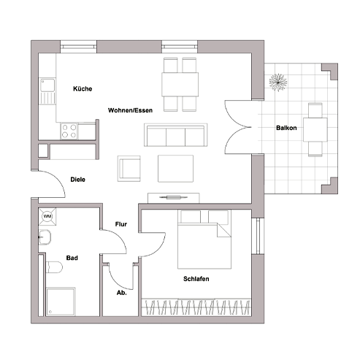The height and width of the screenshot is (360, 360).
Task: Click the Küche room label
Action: (x=83, y=88)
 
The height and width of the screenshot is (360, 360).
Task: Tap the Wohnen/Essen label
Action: (x=130, y=110)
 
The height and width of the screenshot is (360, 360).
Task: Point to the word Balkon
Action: (x=286, y=128)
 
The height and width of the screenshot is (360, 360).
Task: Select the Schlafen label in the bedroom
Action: (x=196, y=279)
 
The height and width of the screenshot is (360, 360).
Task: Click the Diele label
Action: (x=77, y=180)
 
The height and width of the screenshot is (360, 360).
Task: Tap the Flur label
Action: (x=121, y=224)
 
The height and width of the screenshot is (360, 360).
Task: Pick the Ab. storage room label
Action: (x=122, y=293)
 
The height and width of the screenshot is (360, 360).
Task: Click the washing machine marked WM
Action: (x=47, y=216)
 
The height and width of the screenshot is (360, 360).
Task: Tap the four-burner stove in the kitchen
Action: (x=69, y=131)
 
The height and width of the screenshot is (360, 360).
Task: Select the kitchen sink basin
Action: (x=47, y=85)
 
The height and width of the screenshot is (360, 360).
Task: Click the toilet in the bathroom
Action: (x=54, y=267)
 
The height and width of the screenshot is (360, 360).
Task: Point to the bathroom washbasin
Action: (x=45, y=237)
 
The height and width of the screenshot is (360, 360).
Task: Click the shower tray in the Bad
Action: (x=61, y=302)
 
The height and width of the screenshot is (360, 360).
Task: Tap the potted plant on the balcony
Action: (x=278, y=83)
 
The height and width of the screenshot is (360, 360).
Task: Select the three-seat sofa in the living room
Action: (x=175, y=135)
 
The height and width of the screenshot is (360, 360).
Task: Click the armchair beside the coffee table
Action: (x=129, y=169)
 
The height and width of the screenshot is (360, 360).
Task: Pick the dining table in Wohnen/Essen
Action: (x=180, y=84)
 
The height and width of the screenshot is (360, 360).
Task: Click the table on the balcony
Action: (x=315, y=129)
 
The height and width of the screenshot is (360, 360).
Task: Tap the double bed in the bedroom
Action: (x=204, y=239)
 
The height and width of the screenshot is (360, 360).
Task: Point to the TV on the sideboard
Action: (x=174, y=197)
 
